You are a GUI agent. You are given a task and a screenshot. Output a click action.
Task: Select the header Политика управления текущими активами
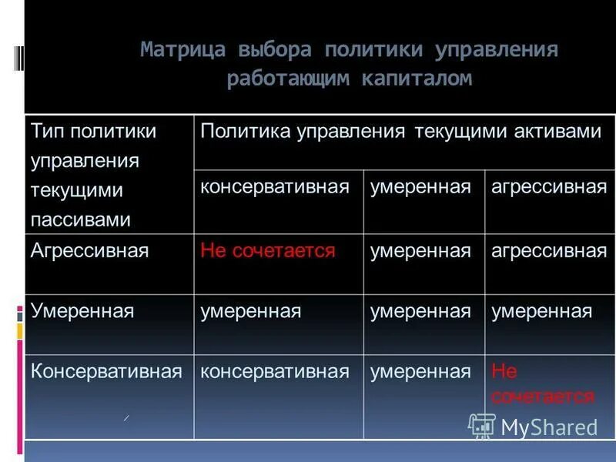pos(400,131)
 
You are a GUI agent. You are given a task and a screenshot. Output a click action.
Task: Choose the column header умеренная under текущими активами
pos(420,187)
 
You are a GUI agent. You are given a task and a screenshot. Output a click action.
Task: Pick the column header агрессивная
pos(548,187)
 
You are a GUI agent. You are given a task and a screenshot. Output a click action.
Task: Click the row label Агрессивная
pos(89,251)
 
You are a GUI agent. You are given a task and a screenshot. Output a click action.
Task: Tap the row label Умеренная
pos(82,311)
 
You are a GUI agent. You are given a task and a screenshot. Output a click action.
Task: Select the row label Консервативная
pos(106,372)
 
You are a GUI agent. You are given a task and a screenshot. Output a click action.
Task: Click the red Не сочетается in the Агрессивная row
pos(267,251)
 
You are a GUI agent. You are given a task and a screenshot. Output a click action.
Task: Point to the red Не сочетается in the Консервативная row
pos(542,384)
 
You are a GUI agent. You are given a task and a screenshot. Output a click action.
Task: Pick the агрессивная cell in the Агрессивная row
pos(548,251)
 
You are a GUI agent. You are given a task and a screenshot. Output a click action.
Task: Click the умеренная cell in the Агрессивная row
pos(420,251)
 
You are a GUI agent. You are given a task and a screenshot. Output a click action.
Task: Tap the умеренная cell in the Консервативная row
pos(420,372)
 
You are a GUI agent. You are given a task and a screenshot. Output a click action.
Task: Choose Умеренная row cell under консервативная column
pos(251,311)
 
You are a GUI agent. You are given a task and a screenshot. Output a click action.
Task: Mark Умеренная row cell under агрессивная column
pos(542,311)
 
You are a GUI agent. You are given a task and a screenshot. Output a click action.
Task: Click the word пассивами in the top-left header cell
pos(81,219)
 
